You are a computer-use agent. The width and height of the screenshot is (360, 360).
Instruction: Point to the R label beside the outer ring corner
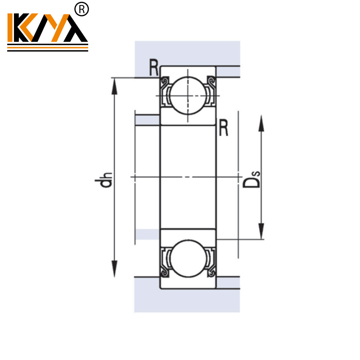153,68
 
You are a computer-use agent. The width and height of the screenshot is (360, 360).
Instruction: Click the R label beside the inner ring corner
223,128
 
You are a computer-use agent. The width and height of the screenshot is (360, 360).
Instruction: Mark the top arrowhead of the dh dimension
116,85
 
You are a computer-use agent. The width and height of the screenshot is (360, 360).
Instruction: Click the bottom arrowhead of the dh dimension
116,269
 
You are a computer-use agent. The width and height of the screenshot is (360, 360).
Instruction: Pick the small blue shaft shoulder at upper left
147,120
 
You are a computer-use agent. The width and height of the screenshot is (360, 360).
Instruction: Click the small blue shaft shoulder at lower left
147,234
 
